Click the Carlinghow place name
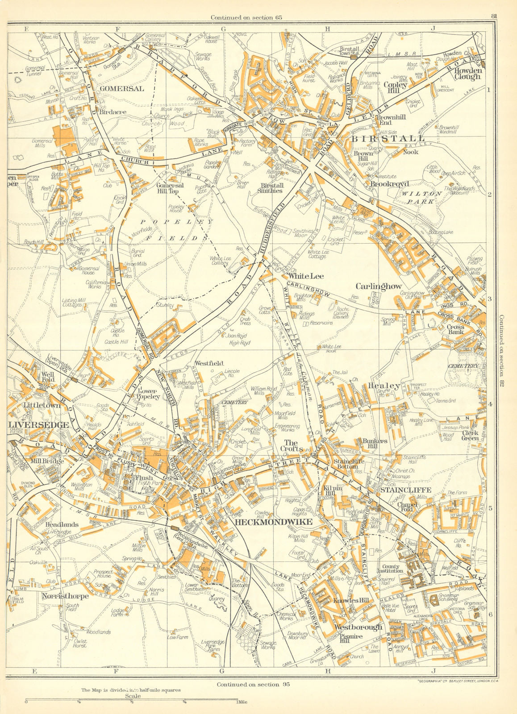379,286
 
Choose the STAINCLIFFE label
406,490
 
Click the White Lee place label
306,276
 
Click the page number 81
493,17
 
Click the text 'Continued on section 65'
246,17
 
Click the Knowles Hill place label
351,601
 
